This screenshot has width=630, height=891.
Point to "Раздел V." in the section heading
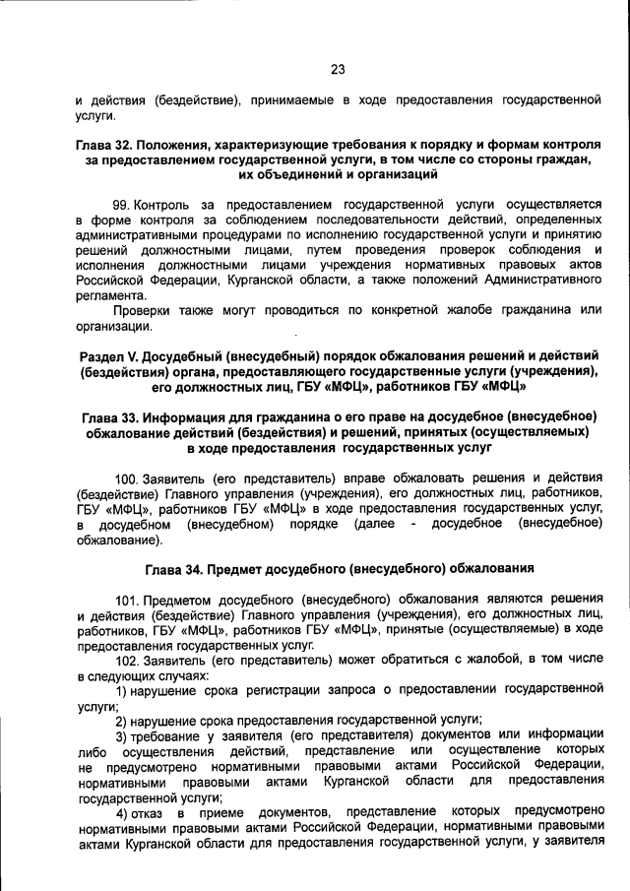point(107,354)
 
